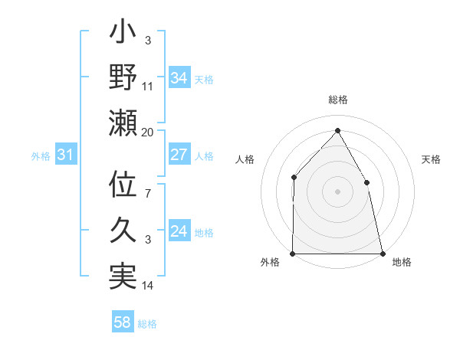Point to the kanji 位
(123, 186)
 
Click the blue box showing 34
(179, 77)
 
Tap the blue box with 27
(179, 155)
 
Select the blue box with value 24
(179, 231)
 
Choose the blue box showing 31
(65, 155)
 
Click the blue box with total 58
(123, 322)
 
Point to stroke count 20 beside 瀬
(147, 133)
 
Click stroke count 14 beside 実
(148, 286)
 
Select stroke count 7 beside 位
(148, 195)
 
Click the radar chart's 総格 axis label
(337, 100)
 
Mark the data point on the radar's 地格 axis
(382, 253)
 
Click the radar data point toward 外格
(293, 253)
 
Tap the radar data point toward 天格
(366, 182)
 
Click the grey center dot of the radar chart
(337, 191)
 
